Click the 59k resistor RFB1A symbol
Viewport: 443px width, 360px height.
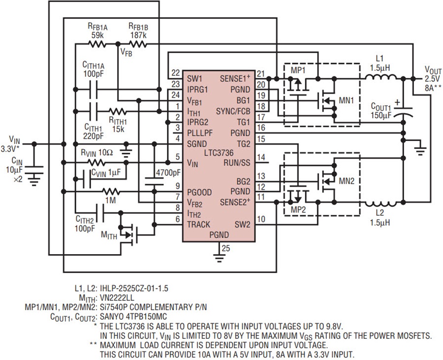[x=97, y=44]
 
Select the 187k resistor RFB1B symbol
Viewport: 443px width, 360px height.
[x=138, y=44]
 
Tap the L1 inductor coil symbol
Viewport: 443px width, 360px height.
[x=380, y=77]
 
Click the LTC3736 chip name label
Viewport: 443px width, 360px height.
[x=219, y=153]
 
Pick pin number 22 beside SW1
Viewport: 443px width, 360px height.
[x=175, y=73]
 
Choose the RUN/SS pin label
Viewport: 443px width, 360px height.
[x=237, y=163]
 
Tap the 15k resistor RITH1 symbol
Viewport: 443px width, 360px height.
[x=118, y=111]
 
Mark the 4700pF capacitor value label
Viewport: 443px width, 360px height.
[x=169, y=172]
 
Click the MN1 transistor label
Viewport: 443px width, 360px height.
[x=346, y=100]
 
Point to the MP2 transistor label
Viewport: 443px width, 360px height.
[x=298, y=210]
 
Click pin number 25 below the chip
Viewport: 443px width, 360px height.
[x=226, y=248]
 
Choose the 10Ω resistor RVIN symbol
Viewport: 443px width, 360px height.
[x=96, y=163]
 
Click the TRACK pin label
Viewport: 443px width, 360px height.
[x=199, y=225]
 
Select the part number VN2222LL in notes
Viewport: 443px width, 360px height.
[x=117, y=298]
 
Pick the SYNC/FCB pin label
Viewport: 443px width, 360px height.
[x=233, y=111]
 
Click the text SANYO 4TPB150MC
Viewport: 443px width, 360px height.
[x=133, y=317]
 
